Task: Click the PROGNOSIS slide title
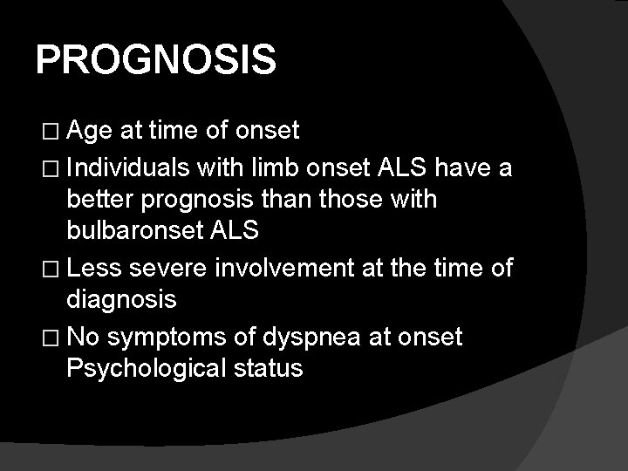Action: click(156, 61)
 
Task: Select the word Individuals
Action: click(129, 167)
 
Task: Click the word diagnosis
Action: click(122, 301)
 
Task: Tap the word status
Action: click(268, 367)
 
